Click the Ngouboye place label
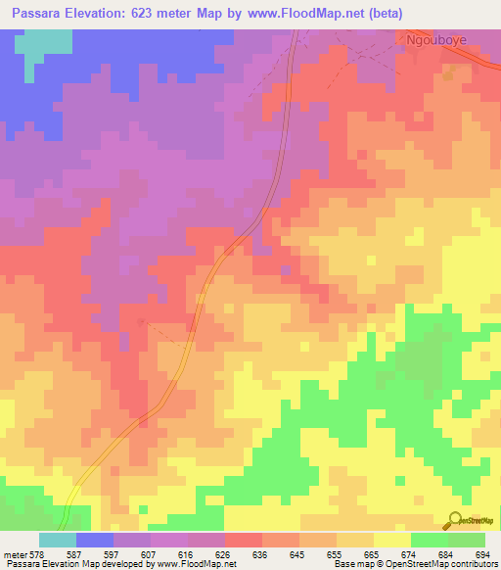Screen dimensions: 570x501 [x=436, y=42]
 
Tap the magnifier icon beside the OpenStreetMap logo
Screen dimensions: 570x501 [x=457, y=519]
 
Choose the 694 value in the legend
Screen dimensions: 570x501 [x=482, y=553]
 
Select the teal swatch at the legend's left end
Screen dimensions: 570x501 [x=58, y=540]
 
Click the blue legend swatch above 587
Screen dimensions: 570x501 [x=95, y=540]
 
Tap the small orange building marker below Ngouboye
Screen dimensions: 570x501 [x=450, y=74]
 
